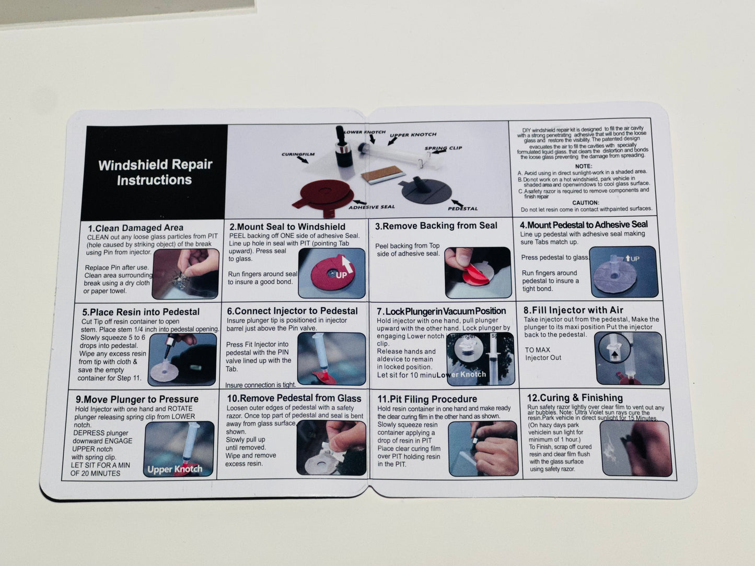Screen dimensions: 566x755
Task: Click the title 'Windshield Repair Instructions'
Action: [155, 172]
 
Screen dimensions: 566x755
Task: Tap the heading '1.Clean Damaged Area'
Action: [135, 228]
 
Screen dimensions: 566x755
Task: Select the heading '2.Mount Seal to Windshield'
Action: [287, 227]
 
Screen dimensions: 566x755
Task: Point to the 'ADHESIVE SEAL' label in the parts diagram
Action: [371, 207]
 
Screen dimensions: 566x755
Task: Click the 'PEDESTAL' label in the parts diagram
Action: [462, 208]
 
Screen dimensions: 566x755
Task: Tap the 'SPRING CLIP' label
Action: [443, 148]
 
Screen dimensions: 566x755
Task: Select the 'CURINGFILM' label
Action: [298, 155]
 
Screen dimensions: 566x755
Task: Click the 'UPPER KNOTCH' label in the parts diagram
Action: [413, 135]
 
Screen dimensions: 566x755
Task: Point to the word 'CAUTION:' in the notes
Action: [585, 203]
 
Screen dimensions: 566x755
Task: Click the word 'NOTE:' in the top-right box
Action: [584, 166]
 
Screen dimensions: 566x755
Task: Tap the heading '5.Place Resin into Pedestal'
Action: [141, 312]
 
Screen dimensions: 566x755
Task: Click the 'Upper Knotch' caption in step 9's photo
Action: [175, 469]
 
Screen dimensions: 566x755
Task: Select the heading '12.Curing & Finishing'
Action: [575, 398]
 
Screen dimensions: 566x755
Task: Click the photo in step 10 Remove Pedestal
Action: [331, 448]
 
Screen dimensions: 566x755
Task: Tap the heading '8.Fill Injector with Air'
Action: [573, 310]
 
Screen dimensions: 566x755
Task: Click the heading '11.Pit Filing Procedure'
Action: [427, 399]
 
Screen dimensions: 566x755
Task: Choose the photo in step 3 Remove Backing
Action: [478, 272]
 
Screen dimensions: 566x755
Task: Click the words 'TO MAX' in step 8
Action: [537, 350]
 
